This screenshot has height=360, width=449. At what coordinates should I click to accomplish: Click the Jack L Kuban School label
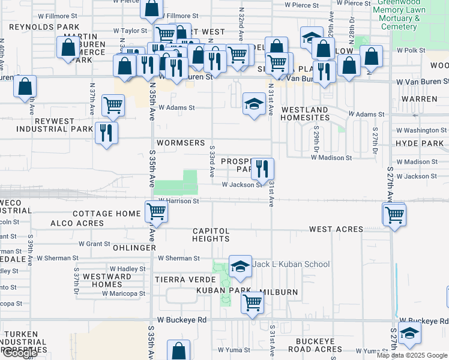pyautogui.click(x=291, y=264)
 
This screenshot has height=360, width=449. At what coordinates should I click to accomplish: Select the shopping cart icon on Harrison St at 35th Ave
pyautogui.click(x=156, y=211)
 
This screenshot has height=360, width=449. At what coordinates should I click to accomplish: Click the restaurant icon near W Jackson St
pyautogui.click(x=262, y=168)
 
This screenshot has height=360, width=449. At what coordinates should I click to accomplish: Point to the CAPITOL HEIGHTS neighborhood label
pyautogui.click(x=211, y=235)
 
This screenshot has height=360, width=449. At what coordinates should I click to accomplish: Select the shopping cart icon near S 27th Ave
pyautogui.click(x=394, y=214)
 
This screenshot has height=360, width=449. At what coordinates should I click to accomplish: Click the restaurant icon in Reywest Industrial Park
pyautogui.click(x=106, y=133)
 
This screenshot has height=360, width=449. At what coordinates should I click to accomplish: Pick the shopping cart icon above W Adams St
pyautogui.click(x=113, y=105)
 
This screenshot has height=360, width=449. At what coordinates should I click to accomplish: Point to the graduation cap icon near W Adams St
pyautogui.click(x=254, y=104)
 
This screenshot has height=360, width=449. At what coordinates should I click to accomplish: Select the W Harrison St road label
pyautogui.click(x=178, y=201)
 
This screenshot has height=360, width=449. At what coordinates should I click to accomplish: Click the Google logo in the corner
pyautogui.click(x=19, y=353)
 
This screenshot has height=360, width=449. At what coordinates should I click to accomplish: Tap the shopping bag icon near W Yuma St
pyautogui.click(x=178, y=350)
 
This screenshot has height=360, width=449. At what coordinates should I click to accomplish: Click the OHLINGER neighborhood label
pyautogui.click(x=134, y=247)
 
